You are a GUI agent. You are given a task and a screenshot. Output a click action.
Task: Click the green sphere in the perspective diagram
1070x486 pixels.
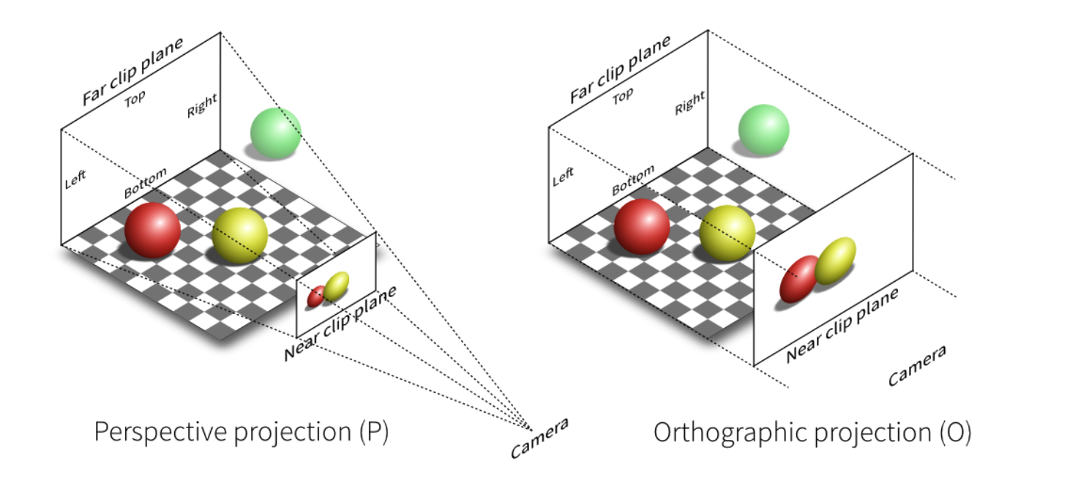pos(275,132)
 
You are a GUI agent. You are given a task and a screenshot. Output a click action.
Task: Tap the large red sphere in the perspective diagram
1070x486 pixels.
pos(152,229)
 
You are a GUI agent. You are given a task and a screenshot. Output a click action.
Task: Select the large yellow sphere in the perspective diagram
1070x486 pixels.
pos(239,234)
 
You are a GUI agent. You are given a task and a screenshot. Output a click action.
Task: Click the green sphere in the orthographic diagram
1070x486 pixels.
pos(763,130)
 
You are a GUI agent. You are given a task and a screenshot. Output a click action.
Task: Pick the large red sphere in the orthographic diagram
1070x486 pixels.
pos(641,226)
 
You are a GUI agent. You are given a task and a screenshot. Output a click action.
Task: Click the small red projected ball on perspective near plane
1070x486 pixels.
pos(316,296)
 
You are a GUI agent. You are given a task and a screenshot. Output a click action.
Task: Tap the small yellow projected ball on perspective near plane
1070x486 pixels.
pos(337,286)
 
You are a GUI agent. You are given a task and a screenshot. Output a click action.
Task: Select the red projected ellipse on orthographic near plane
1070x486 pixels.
pos(799,279)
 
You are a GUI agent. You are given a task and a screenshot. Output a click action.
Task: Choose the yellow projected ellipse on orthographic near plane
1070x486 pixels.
pos(835,261)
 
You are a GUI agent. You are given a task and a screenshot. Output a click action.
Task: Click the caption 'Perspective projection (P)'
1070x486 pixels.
pos(241,433)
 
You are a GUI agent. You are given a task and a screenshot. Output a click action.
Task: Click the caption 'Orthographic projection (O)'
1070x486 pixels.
pos(812,433)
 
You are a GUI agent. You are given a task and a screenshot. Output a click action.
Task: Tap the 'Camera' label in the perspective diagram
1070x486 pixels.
pos(539,438)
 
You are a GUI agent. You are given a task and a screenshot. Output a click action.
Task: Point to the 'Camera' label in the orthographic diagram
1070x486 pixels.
pos(916,365)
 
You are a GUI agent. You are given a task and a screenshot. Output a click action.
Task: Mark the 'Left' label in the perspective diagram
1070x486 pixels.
pos(75,179)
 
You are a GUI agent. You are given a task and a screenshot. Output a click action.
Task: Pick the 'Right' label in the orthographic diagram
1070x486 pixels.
pos(689,102)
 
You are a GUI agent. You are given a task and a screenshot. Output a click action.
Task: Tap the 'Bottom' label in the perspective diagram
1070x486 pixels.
pos(145,183)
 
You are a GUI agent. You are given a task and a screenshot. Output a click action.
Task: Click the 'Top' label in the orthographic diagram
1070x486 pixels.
pos(622,96)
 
